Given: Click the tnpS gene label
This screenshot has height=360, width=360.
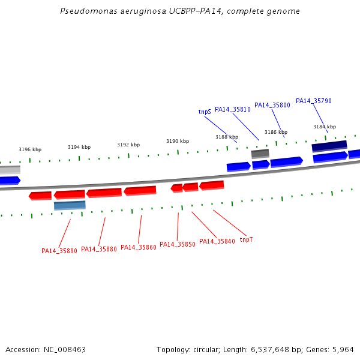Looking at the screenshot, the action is (x=205, y=112).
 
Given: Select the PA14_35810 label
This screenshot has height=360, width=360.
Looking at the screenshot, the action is (x=233, y=110).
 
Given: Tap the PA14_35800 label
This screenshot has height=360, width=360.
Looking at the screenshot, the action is (x=272, y=105).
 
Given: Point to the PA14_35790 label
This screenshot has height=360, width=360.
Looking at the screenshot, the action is (x=314, y=101).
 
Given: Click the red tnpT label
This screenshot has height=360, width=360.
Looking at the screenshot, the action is (x=246, y=239).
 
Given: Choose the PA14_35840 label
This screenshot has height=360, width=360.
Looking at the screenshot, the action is (x=217, y=241).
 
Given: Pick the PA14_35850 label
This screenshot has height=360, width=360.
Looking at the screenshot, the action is (x=178, y=244).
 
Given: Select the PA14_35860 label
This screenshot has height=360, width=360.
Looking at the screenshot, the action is (x=139, y=247).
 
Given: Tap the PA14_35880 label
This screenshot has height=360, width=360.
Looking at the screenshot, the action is (x=99, y=249).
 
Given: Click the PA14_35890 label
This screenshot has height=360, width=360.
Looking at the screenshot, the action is (x=59, y=251).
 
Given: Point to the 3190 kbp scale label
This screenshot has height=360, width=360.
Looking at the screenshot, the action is (x=178, y=141).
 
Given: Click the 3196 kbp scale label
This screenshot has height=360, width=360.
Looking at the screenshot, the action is (x=30, y=149).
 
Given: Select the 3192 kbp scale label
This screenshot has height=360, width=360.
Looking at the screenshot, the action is (x=128, y=145).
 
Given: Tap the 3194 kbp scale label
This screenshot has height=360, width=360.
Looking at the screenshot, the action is (x=79, y=147).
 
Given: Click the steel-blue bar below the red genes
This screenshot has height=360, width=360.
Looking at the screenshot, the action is (x=70, y=205).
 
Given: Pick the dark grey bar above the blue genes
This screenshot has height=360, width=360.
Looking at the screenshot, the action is (x=260, y=154).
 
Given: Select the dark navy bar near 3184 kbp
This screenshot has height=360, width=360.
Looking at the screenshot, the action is (x=329, y=146).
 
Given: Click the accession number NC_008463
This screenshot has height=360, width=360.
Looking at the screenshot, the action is (x=65, y=350).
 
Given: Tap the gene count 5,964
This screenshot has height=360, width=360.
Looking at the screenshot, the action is (x=343, y=350).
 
